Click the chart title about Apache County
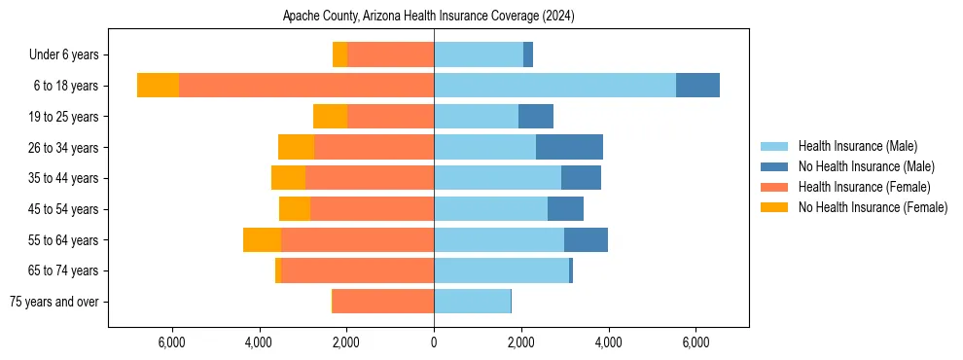click(429, 17)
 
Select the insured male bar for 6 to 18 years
click(554, 86)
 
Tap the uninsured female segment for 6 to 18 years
click(158, 86)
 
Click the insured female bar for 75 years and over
click(383, 302)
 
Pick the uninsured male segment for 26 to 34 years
click(569, 147)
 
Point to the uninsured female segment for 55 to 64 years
click(262, 240)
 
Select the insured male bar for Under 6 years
click(479, 54)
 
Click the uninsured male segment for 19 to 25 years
click(536, 117)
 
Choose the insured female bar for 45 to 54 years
click(372, 209)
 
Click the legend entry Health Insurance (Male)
click(857, 146)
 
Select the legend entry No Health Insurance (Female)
click(873, 207)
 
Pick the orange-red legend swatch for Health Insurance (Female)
click(774, 187)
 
